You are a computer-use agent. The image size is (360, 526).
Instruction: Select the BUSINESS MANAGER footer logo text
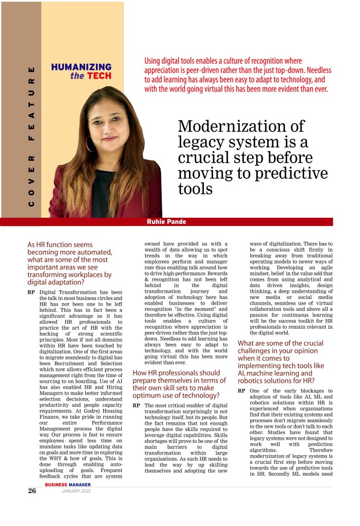click(x=68, y=484)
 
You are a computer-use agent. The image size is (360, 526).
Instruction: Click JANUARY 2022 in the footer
click(x=76, y=492)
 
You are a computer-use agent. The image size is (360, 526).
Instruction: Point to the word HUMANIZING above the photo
click(x=81, y=67)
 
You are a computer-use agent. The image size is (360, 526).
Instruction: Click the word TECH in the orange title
click(x=98, y=76)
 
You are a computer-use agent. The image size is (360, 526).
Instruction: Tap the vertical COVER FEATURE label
click(x=31, y=136)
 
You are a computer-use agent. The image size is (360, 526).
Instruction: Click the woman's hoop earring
click(x=89, y=144)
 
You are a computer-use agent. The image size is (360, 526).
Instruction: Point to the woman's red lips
click(x=109, y=139)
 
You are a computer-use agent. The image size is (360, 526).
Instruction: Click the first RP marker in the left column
click(x=31, y=292)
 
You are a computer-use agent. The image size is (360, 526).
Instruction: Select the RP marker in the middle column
click(x=137, y=405)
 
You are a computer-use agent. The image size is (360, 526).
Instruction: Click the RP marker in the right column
click(x=241, y=391)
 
